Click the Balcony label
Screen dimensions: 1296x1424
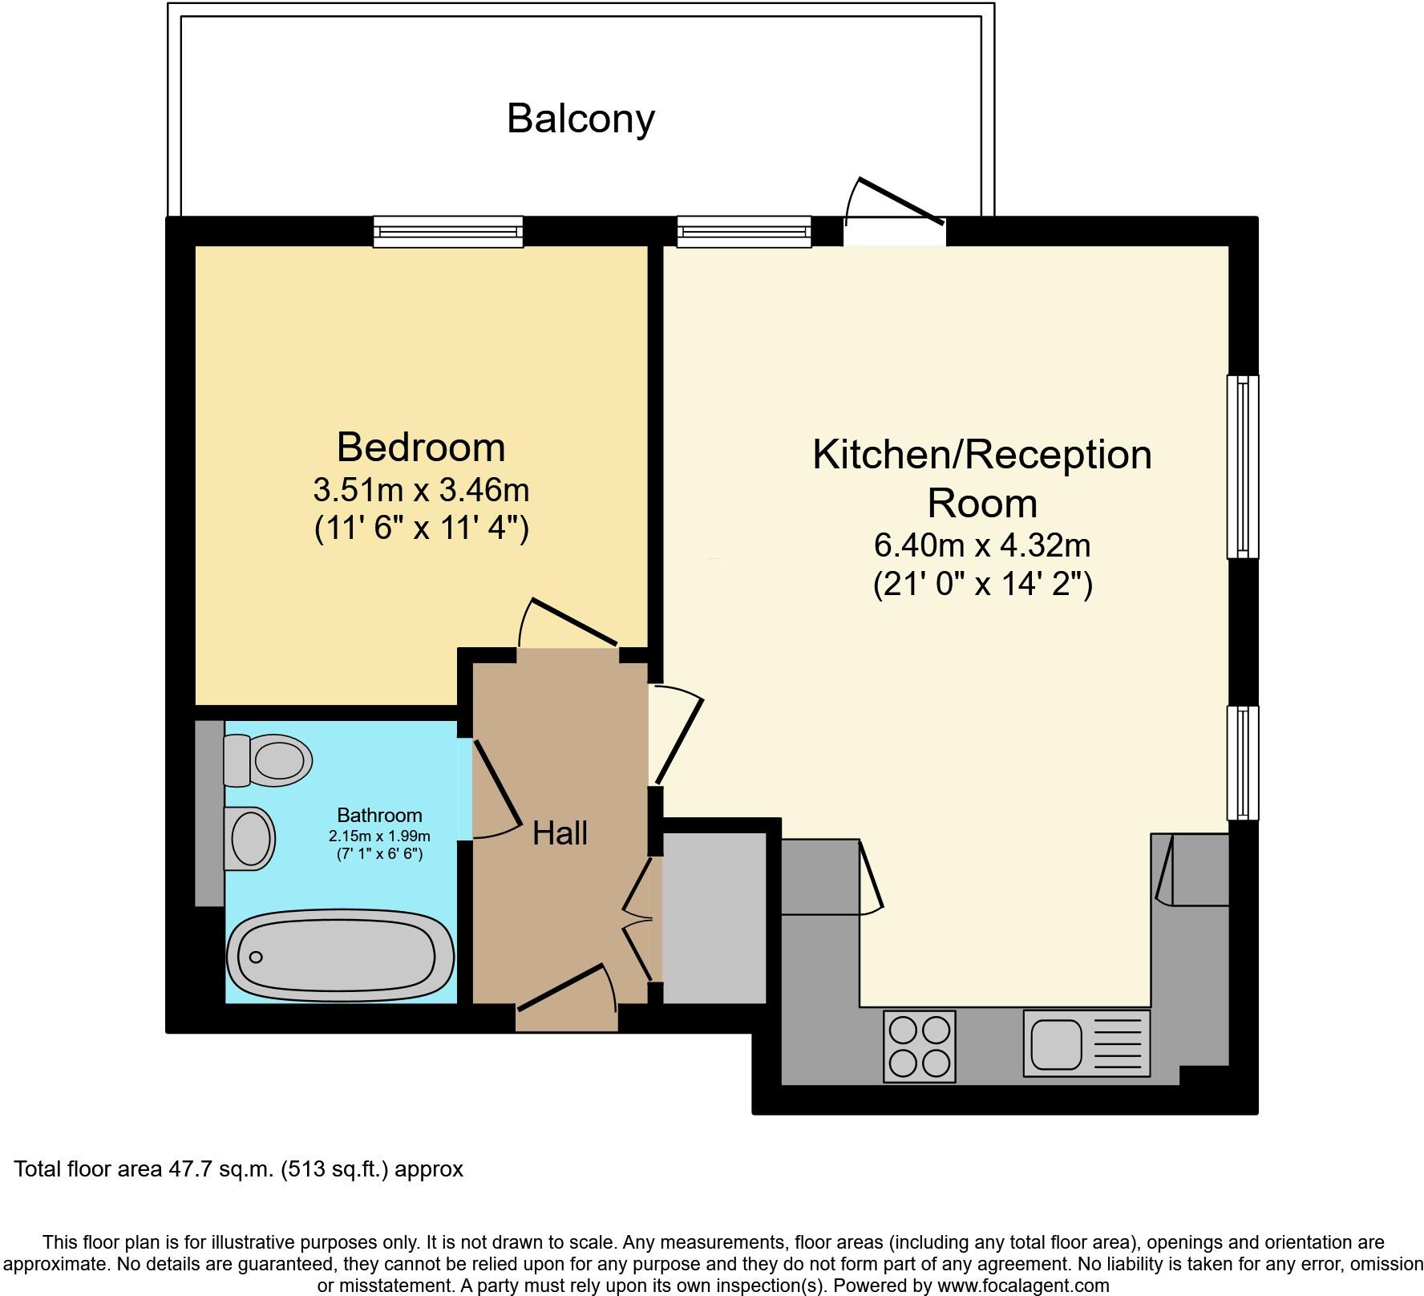point(581,119)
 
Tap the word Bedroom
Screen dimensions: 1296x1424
point(421,447)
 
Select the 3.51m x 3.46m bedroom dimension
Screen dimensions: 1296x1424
point(421,489)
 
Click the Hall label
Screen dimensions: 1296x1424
point(560,833)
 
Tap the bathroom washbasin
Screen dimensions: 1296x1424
point(250,838)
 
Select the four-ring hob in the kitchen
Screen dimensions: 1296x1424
point(920,1046)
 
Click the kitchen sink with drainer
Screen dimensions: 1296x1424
point(1086,1043)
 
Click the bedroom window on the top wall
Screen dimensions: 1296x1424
point(448,232)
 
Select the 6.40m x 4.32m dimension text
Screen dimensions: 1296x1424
point(981,545)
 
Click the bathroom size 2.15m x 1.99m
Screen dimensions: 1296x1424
point(379,836)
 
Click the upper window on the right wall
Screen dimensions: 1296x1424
point(1243,467)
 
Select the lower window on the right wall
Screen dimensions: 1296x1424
point(1243,763)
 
